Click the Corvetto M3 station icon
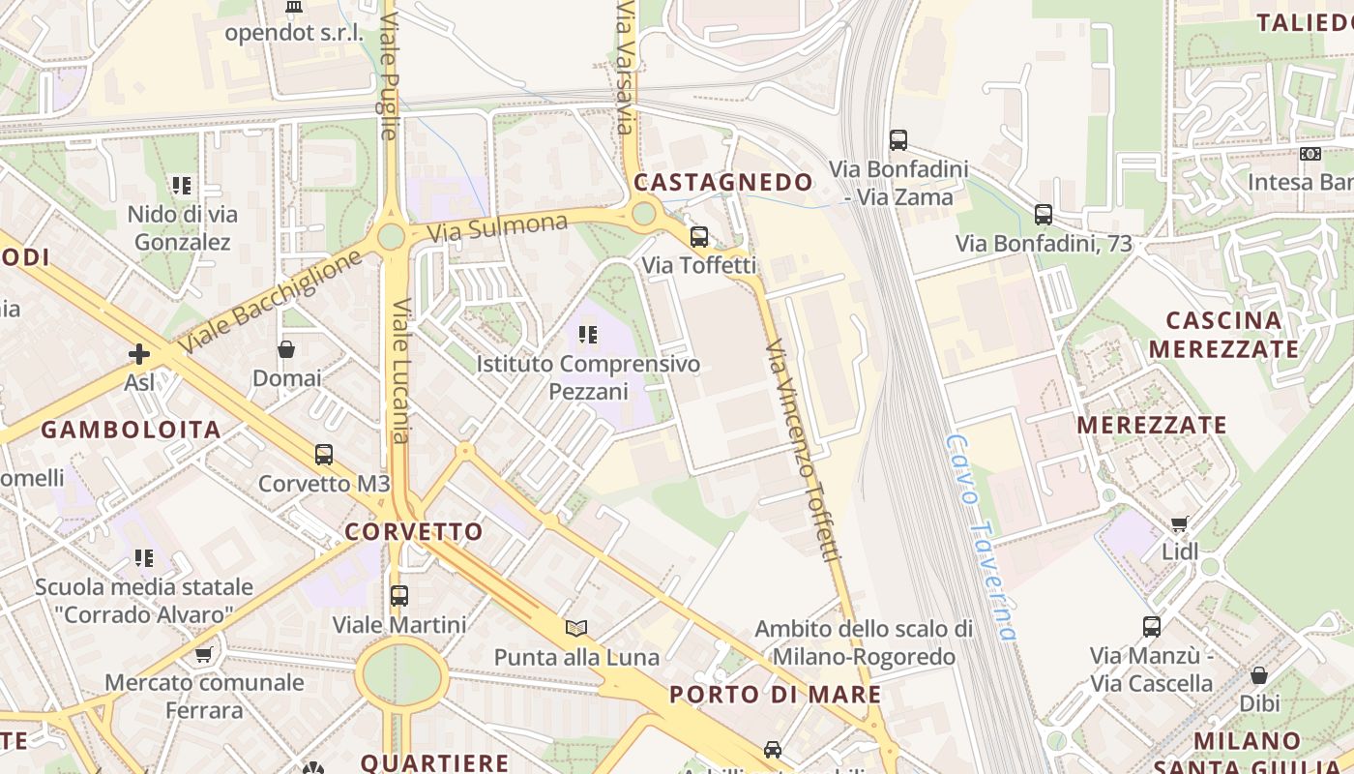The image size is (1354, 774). (x=324, y=454)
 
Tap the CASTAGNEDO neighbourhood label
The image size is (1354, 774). (x=723, y=182)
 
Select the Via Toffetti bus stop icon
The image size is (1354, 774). (x=698, y=236)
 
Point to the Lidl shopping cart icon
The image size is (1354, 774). (x=1179, y=523)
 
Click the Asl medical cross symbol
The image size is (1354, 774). (x=139, y=354)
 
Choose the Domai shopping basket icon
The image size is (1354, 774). (x=286, y=349)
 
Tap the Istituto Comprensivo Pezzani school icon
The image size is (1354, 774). (x=587, y=335)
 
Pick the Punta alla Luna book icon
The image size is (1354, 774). (x=576, y=628)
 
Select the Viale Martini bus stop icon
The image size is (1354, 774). (x=399, y=595)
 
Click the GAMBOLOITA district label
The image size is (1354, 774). (x=131, y=430)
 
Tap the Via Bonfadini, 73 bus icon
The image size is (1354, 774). (x=1044, y=215)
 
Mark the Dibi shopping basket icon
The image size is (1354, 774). (x=1259, y=674)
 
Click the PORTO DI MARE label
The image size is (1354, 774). (x=776, y=695)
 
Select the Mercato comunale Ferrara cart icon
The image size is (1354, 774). (x=203, y=654)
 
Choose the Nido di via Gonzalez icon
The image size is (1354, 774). (x=182, y=185)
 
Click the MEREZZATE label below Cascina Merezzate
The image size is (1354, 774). (x=1152, y=426)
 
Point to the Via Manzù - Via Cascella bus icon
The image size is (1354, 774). (x=1151, y=626)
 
